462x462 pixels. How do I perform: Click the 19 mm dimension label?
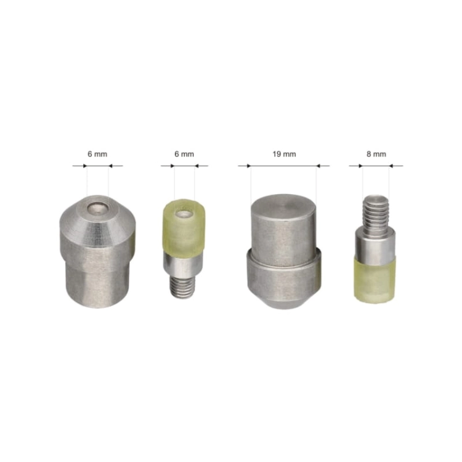point(284,154)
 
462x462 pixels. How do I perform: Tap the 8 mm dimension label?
point(376,154)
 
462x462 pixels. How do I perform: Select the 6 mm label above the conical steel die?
point(97,154)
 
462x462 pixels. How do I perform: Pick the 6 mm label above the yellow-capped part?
point(184,154)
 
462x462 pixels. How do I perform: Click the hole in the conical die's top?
point(97,209)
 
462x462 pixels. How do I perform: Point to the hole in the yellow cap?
point(184,214)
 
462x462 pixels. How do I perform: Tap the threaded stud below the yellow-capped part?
point(182,286)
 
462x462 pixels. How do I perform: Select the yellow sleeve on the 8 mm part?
point(374,280)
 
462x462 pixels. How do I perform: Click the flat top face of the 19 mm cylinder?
point(283,207)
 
